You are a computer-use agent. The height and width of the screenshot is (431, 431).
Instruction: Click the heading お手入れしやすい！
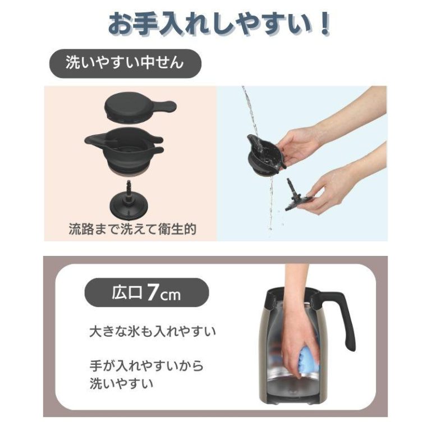219,24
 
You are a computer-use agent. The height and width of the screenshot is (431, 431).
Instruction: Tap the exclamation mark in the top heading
324,24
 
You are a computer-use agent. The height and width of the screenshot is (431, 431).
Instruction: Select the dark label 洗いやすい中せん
125,63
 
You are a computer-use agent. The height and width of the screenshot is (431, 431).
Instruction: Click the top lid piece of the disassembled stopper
140,108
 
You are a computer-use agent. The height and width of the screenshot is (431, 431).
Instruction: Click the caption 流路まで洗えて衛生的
132,229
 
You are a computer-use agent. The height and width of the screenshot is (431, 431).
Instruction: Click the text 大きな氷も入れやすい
153,332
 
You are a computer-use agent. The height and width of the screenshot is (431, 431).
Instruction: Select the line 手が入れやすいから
146,366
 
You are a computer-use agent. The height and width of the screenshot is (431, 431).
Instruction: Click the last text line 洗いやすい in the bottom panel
121,383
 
